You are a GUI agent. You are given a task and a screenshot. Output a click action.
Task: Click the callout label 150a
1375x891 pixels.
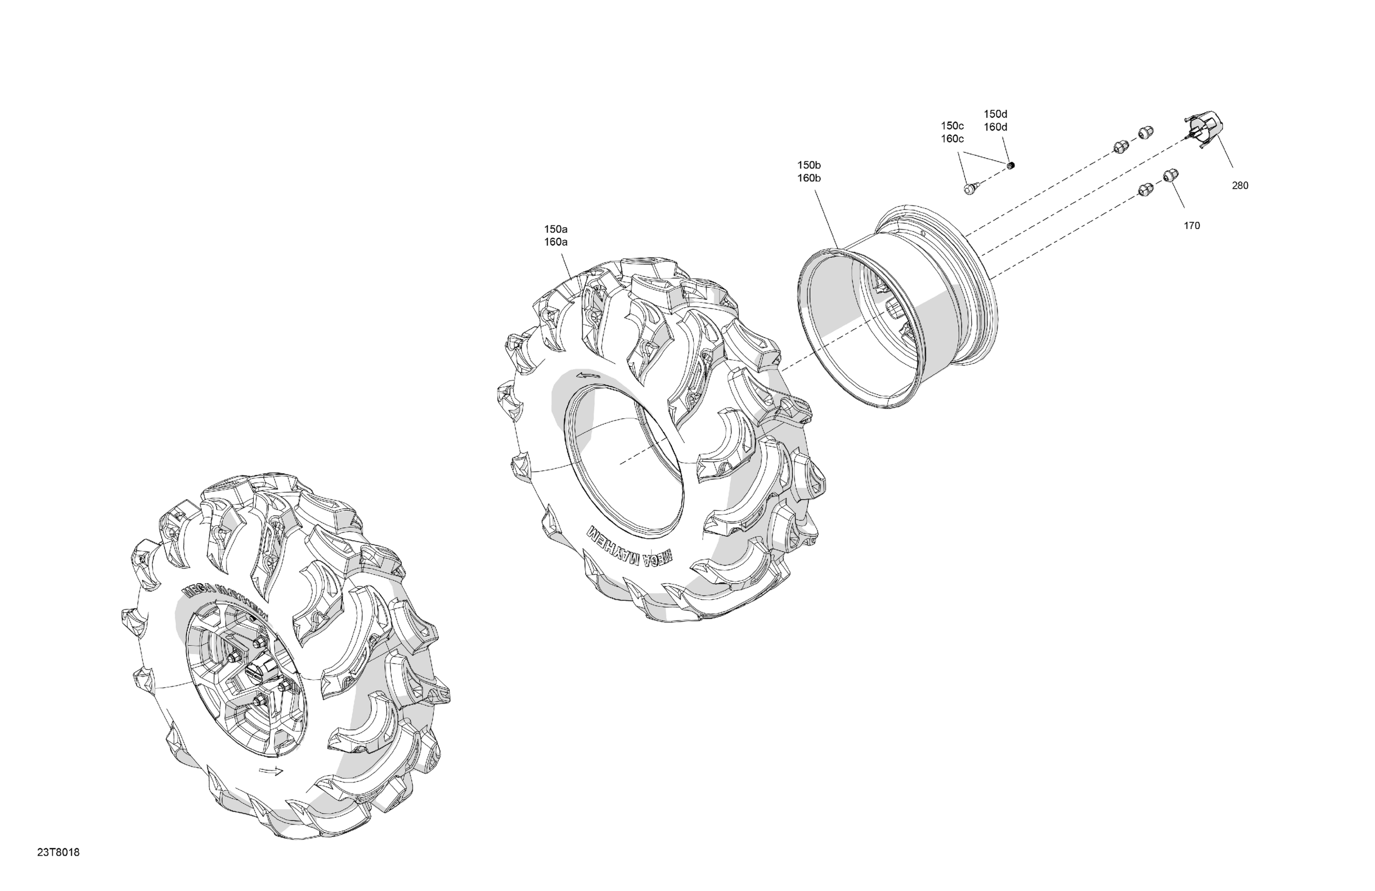click(x=555, y=229)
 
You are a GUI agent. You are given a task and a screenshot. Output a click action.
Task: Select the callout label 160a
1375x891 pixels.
click(x=555, y=242)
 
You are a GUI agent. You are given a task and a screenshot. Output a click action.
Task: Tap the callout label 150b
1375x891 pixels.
click(x=809, y=165)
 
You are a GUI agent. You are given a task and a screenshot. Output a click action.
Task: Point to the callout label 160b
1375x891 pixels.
click(x=809, y=178)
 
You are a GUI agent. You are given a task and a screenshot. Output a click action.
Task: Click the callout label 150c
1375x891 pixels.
click(x=952, y=126)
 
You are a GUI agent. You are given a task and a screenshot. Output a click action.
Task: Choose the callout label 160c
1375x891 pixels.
click(x=952, y=138)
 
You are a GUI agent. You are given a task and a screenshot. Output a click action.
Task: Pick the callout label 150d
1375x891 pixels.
click(x=995, y=114)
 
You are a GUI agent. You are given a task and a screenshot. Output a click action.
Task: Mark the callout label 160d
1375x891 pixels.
click(x=995, y=127)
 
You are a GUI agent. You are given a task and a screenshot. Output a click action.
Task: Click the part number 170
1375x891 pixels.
click(x=1192, y=226)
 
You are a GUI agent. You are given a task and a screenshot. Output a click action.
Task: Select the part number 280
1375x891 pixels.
click(x=1240, y=186)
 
